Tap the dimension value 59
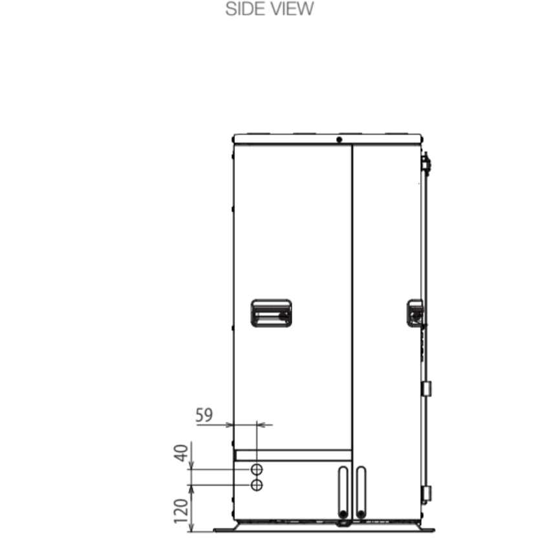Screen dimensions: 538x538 tap(204, 415)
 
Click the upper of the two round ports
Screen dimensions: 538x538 tap(257, 469)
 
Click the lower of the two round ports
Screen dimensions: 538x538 tap(257, 484)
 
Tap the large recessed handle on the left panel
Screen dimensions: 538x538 tap(271, 314)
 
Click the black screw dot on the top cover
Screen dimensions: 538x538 tap(339, 140)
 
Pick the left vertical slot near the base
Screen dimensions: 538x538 tap(342, 491)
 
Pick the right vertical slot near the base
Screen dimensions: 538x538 tap(360, 491)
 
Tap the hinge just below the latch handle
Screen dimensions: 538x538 tap(426, 389)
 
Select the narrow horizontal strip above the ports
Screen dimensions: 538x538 tap(293, 455)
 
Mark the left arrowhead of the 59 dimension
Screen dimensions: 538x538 tap(230, 425)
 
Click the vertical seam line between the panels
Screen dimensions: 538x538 tap(352, 291)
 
